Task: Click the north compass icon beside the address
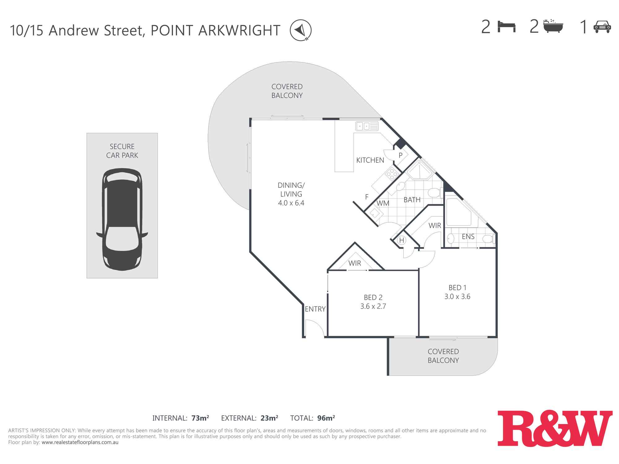tap(301, 30)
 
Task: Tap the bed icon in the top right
tap(506, 27)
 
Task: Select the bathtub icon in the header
tap(553, 26)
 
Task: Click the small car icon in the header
tap(602, 27)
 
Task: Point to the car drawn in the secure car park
tap(122, 219)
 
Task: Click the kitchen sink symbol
tap(367, 126)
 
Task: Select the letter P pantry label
tap(400, 155)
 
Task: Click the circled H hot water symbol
tap(401, 240)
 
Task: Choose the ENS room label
tap(468, 237)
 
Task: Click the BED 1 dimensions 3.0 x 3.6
tap(457, 297)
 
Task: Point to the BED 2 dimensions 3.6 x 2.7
tap(373, 306)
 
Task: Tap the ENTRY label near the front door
tap(315, 309)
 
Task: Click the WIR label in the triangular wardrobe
tap(355, 263)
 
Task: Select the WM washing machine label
tap(383, 203)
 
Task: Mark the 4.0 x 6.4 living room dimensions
tap(291, 203)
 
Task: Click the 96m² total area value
tap(326, 418)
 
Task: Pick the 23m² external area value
tap(269, 418)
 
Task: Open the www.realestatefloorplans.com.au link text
tap(80, 442)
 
